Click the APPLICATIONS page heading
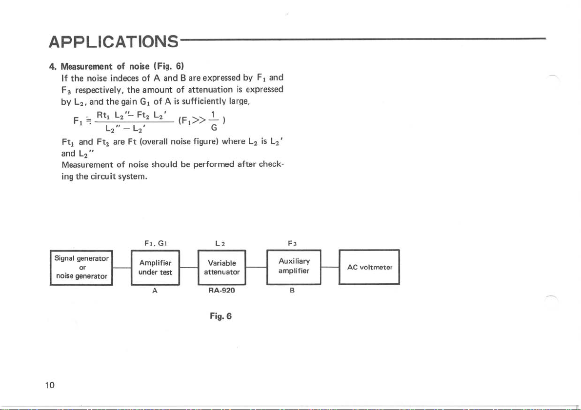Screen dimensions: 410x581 point(113,40)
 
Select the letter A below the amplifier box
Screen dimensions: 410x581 point(154,291)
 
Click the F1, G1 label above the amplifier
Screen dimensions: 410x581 point(154,242)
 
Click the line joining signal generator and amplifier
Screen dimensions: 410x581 point(122,267)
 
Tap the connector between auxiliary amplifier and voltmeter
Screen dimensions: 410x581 point(330,267)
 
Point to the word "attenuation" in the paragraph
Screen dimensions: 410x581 point(210,90)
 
